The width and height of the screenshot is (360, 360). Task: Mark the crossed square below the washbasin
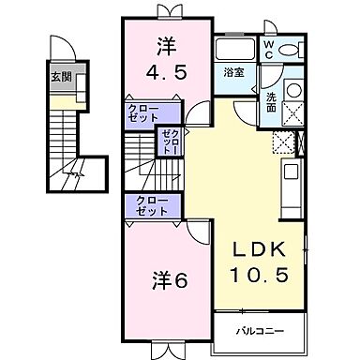(292, 113)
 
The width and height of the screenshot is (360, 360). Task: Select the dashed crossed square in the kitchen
(282, 142)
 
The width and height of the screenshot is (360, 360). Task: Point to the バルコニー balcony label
(259, 330)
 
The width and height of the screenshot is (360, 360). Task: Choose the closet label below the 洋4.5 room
(143, 113)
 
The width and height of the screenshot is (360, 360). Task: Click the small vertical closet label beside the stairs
(169, 142)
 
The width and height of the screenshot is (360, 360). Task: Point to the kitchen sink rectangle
(291, 174)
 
